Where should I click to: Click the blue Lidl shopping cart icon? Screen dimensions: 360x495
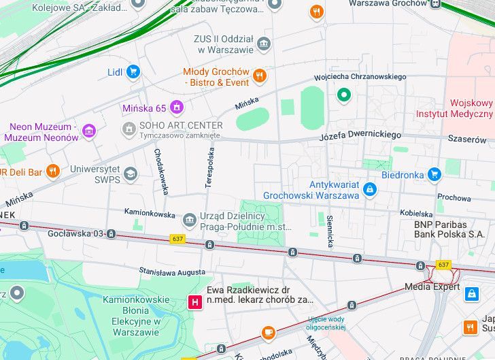pyautogui.click(x=133, y=71)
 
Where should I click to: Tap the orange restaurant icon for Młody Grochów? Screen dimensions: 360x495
pyautogui.click(x=259, y=76)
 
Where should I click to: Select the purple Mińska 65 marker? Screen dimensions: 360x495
pyautogui.click(x=177, y=108)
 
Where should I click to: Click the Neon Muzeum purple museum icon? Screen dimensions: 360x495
pyautogui.click(x=88, y=131)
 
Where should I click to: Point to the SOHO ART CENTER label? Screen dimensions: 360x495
pyautogui.click(x=180, y=126)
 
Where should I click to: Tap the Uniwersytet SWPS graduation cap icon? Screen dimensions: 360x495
pyautogui.click(x=130, y=174)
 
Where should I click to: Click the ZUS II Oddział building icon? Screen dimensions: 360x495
pyautogui.click(x=264, y=44)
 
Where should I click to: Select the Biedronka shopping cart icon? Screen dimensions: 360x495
pyautogui.click(x=434, y=174)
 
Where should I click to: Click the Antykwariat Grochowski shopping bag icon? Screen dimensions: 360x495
pyautogui.click(x=369, y=189)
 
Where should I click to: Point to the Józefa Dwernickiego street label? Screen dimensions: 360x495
pyautogui.click(x=360, y=136)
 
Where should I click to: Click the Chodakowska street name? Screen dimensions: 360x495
pyautogui.click(x=160, y=171)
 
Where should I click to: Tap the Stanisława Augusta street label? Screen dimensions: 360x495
pyautogui.click(x=171, y=272)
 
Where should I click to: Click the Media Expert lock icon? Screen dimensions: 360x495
pyautogui.click(x=471, y=293)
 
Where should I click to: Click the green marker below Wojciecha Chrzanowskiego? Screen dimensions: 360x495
pyautogui.click(x=344, y=95)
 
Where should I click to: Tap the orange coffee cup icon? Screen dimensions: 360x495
pyautogui.click(x=269, y=332)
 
